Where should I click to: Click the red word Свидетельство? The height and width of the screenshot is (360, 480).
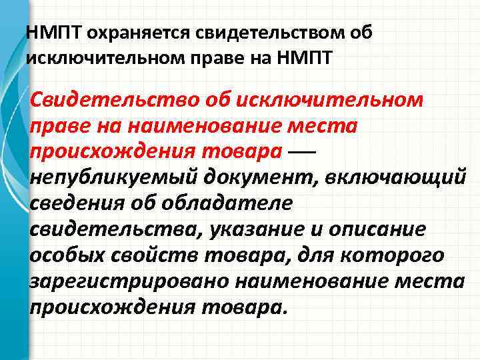(x=113, y=101)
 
